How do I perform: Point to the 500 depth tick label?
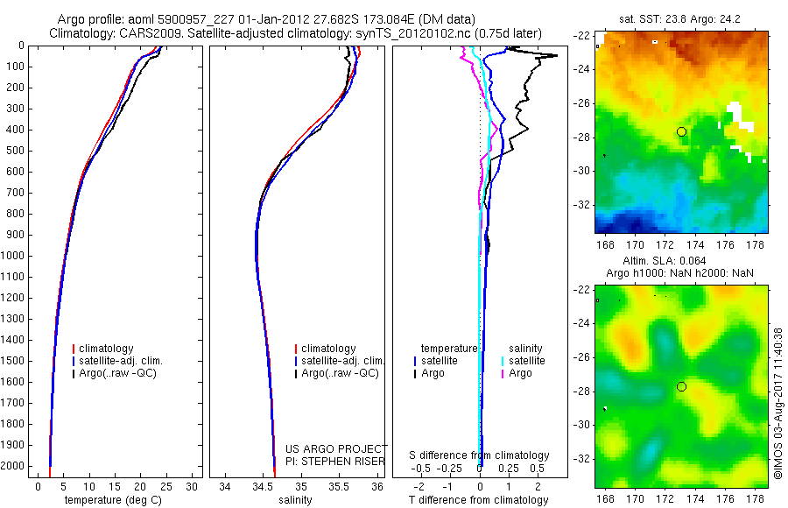tap(15, 151)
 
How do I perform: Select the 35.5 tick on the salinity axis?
tap(340, 486)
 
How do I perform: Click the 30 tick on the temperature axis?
tap(193, 486)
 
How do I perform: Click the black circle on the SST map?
tap(681, 131)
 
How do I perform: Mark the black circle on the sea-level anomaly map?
tap(681, 386)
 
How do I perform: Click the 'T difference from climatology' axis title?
tap(479, 500)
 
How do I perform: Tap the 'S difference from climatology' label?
tap(480, 455)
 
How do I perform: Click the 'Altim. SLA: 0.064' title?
tap(680, 262)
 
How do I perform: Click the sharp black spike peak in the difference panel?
tap(555, 56)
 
